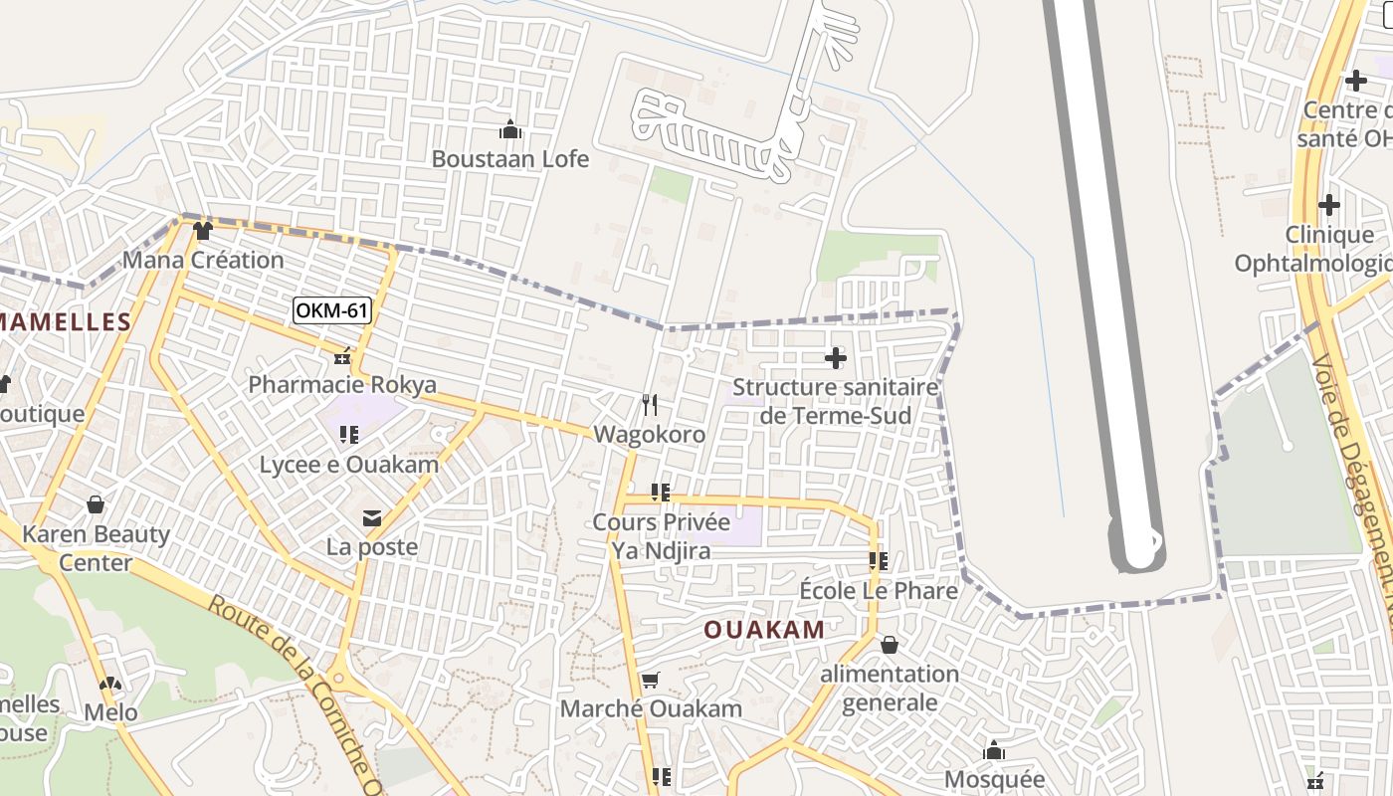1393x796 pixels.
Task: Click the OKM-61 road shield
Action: [x=332, y=310]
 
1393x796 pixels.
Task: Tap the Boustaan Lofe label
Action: [x=510, y=159]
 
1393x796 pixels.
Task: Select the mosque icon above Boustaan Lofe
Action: [x=510, y=129]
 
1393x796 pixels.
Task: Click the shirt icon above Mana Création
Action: [x=203, y=231]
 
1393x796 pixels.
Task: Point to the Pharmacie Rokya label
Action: [x=342, y=385]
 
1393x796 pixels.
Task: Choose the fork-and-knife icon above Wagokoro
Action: [x=650, y=404]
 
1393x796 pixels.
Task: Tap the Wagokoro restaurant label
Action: [x=650, y=435]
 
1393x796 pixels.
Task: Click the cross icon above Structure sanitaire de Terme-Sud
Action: [x=836, y=358]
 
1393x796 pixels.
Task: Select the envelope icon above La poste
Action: [x=372, y=517]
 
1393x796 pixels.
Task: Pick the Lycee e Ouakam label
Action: [x=349, y=465]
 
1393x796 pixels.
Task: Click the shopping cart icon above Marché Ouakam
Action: [x=651, y=681]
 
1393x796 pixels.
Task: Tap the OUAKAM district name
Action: [x=764, y=630]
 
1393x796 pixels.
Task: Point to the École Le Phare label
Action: [x=879, y=591]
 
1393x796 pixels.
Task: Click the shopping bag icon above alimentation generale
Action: [x=890, y=645]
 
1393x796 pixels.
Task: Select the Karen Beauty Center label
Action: [x=96, y=548]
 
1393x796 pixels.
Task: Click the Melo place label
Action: [x=110, y=712]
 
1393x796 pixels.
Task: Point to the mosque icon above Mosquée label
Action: [x=993, y=750]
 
